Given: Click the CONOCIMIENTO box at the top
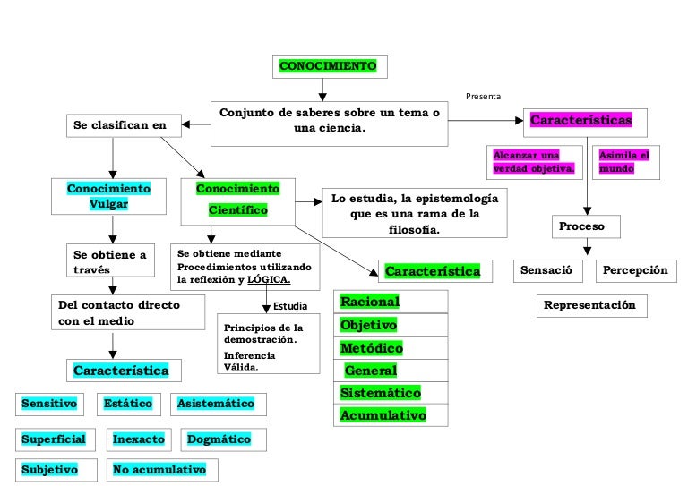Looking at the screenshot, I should [328, 67].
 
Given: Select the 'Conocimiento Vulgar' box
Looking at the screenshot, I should [109, 196].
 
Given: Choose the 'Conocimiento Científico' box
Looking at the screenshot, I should [237, 200].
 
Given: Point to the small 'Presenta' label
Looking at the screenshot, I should [483, 96].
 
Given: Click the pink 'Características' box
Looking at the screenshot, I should [581, 120].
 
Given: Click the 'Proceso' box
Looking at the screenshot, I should [582, 226].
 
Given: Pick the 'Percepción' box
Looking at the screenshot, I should [635, 269].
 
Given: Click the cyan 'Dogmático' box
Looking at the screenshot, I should [219, 439].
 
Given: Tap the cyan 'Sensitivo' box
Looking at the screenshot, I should [49, 404].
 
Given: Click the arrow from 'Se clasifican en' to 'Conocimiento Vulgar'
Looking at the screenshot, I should [111, 156].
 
